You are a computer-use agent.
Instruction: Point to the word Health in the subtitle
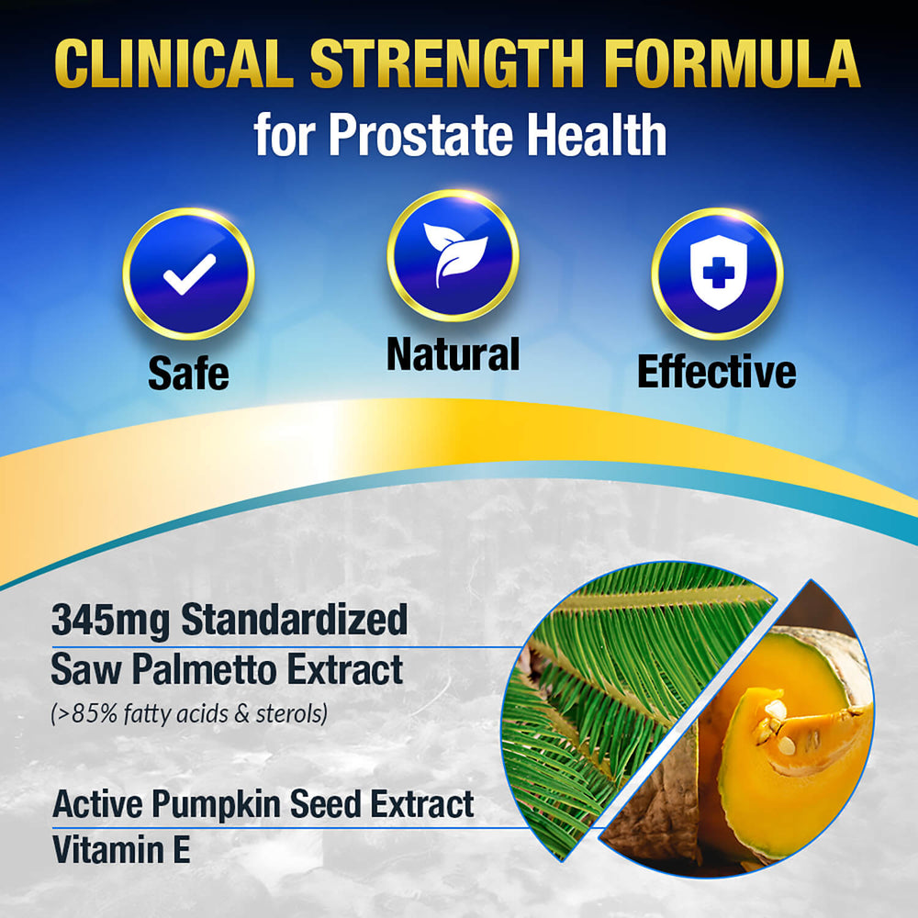click(x=596, y=135)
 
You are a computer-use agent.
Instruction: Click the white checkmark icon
click(x=189, y=274)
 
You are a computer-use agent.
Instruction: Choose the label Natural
click(x=453, y=355)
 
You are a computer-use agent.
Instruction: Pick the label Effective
click(x=716, y=373)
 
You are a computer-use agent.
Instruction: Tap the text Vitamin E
click(x=120, y=850)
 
